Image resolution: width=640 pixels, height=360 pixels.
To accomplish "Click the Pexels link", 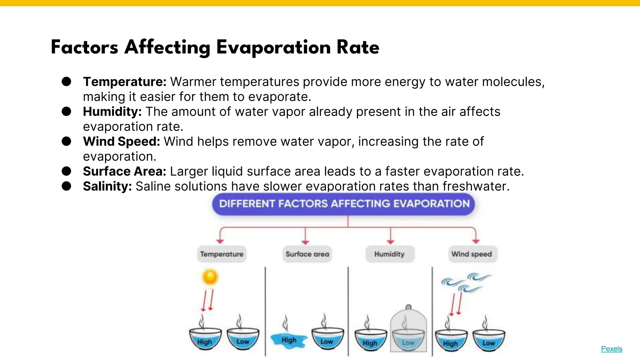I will pos(612,349).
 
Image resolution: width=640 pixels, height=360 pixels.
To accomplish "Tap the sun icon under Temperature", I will pos(210,277).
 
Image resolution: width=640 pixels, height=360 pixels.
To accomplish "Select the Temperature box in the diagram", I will pos(222,254).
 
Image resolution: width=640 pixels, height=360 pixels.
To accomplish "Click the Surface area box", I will pos(307,254).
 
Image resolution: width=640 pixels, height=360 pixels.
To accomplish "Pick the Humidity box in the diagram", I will pos(390,254).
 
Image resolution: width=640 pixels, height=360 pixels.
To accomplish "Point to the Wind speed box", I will pos(472,254).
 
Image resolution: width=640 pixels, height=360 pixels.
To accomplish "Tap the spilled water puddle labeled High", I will pos(288,340).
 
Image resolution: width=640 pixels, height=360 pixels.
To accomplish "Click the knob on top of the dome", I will pos(408,307).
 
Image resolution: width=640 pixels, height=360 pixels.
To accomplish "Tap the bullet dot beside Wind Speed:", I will pos(66,141).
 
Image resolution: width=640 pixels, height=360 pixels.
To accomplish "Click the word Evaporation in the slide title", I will pos(273,47).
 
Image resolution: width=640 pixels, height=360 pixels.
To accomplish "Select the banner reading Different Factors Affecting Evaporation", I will pos(344,204).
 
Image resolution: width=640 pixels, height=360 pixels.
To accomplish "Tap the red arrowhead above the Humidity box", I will pos(390,242).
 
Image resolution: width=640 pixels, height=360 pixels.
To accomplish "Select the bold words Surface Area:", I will pos(124,171).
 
